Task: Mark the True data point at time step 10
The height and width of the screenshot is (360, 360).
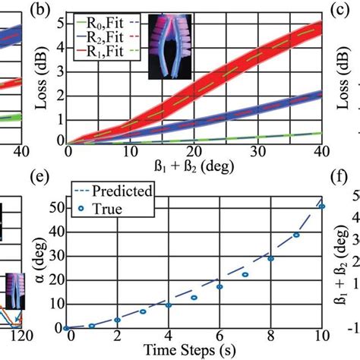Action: click(x=322, y=206)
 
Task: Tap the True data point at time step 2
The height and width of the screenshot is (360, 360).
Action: click(x=117, y=320)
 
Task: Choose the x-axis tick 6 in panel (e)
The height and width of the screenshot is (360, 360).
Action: click(x=219, y=337)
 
